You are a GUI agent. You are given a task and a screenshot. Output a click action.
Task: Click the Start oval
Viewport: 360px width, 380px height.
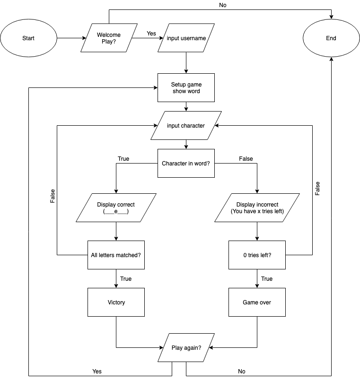point(28,38)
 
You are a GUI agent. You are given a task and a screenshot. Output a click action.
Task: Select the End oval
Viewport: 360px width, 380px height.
point(331,38)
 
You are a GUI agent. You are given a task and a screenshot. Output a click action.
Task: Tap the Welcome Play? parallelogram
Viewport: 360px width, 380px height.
point(109,38)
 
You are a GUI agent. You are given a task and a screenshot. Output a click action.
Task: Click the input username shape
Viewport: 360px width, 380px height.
point(186,38)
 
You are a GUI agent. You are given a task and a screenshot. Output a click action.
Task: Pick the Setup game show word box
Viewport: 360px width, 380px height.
point(186,88)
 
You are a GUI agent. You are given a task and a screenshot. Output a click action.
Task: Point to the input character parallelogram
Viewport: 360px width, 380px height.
point(186,126)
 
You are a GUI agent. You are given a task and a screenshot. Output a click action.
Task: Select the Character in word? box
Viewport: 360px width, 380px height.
point(186,164)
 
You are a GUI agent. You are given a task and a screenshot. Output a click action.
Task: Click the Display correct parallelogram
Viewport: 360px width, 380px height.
point(116,208)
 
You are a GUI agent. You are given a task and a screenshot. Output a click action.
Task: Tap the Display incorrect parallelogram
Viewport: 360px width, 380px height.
point(257,208)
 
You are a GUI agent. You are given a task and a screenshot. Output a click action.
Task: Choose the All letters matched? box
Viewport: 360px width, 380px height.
point(116,255)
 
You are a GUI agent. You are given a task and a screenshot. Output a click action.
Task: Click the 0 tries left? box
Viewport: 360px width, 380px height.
point(257,255)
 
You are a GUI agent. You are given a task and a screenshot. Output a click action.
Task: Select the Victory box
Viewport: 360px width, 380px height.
point(116,302)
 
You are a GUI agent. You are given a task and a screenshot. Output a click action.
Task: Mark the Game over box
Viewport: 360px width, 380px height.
point(257,302)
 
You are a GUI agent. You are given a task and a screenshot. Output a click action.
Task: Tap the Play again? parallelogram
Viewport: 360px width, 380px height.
point(186,348)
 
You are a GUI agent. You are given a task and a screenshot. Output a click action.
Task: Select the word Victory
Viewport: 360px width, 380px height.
point(116,302)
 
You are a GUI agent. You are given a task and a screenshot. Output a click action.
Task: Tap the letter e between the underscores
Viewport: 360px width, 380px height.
point(116,211)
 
